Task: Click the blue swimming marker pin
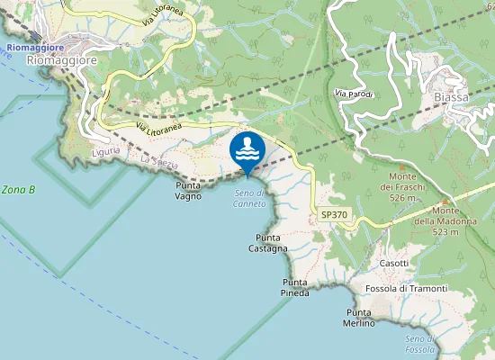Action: click(x=247, y=150)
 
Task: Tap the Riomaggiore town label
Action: click(x=62, y=60)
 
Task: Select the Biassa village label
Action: click(x=450, y=97)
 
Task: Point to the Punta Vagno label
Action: click(x=188, y=190)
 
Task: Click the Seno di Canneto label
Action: click(x=250, y=199)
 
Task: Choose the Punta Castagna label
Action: click(x=267, y=242)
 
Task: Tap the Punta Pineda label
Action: click(x=295, y=287)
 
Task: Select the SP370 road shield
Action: click(x=333, y=214)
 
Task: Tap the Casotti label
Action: click(x=393, y=263)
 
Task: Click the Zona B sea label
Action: click(x=18, y=190)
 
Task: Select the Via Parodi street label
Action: click(x=353, y=94)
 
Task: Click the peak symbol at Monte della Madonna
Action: click(x=444, y=201)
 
